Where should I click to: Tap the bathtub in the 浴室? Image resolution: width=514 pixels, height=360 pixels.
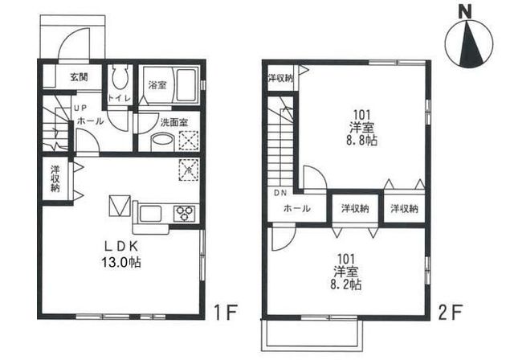point(186,85)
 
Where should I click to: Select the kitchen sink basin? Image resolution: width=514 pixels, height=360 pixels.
point(150,214)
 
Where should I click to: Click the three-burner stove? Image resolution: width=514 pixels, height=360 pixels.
point(184,214)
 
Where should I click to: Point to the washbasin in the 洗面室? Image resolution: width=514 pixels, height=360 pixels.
point(162,142)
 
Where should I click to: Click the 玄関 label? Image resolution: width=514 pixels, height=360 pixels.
point(79,77)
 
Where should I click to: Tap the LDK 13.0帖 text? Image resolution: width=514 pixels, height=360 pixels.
point(121,255)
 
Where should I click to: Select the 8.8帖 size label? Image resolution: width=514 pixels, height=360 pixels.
point(361,141)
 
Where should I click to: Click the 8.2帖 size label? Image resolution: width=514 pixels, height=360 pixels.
point(346,284)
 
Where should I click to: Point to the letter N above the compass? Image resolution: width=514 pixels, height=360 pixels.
point(465,13)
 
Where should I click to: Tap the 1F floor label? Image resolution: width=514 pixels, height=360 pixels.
point(226,313)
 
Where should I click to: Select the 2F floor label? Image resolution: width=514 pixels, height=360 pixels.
point(450,313)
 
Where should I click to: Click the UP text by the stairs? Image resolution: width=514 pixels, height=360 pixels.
point(80,108)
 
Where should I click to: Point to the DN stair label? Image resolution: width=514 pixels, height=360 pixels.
point(280,194)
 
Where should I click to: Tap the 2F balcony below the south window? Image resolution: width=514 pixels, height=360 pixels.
point(312,334)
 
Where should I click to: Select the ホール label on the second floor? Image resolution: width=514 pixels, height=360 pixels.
point(296,208)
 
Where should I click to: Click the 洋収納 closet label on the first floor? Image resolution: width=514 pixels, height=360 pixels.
point(55,178)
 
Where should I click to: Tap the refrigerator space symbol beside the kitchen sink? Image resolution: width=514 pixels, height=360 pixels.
point(120,206)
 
